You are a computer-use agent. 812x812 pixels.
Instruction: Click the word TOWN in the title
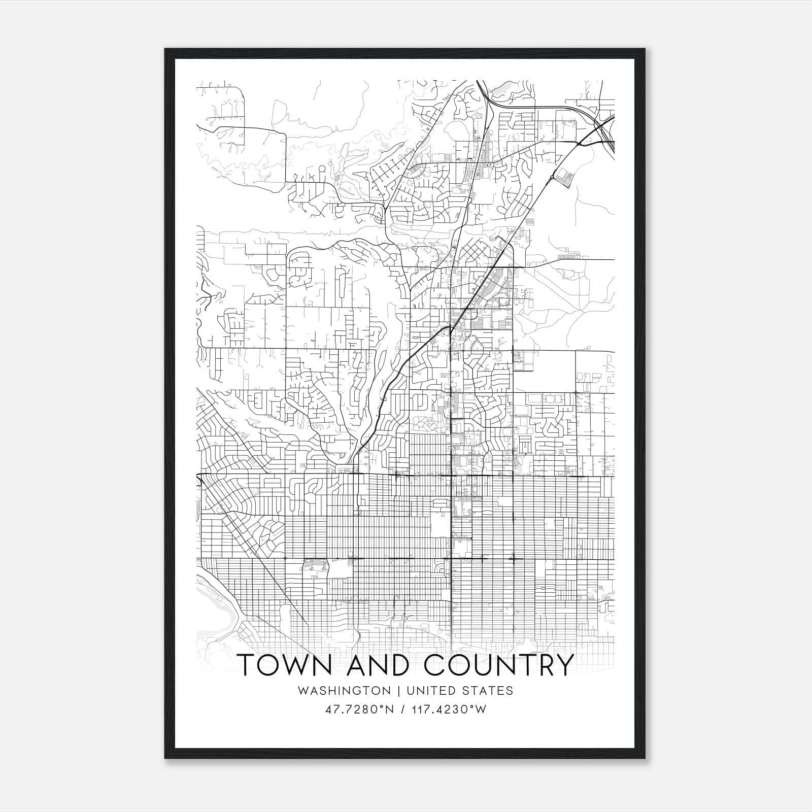pos(284,665)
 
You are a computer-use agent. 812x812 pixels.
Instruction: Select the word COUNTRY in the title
pos(498,665)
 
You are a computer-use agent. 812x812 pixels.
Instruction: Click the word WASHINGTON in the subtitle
pos(345,691)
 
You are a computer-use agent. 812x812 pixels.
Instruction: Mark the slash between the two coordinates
pos(402,709)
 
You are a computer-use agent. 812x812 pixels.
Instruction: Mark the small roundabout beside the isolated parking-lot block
pos(552,177)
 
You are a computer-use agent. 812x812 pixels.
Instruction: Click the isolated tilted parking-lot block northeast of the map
pos(565,177)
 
